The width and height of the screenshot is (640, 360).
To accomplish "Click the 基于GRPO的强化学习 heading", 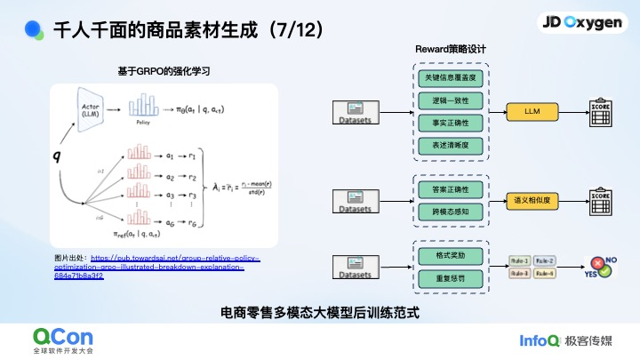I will [164, 70].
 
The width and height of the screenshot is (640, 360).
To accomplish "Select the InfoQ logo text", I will [539, 340].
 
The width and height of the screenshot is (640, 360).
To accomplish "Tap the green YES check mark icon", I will [604, 270].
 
